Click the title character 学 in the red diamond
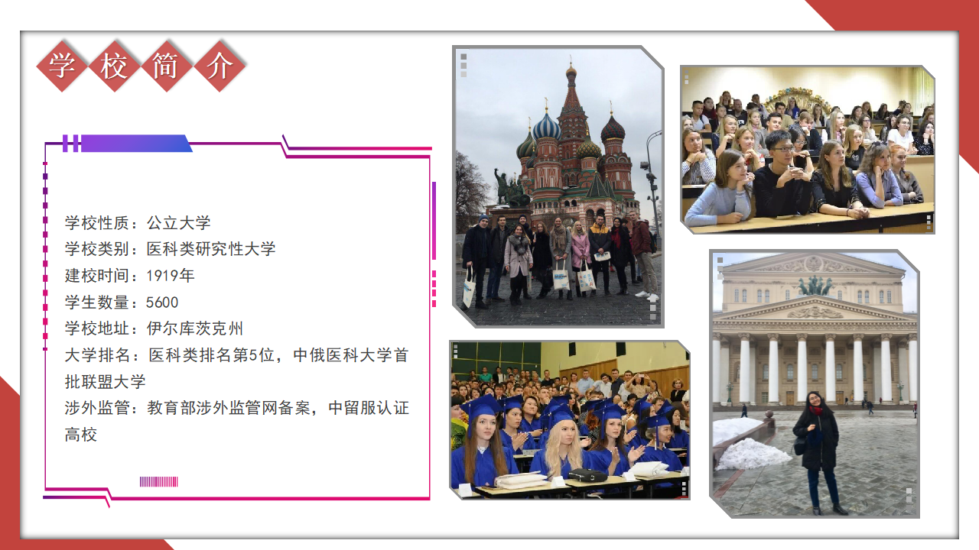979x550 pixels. (62, 66)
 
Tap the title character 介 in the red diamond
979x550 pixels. (219, 66)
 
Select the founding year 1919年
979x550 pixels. (170, 276)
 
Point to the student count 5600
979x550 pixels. (162, 302)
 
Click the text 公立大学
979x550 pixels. (178, 222)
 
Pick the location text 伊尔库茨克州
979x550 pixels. (194, 328)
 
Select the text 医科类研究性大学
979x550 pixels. (210, 249)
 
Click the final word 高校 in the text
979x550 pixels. (81, 435)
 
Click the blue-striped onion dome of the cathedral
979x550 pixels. (546, 128)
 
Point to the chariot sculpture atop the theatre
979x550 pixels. (815, 286)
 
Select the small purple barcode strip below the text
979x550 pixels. (158, 481)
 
